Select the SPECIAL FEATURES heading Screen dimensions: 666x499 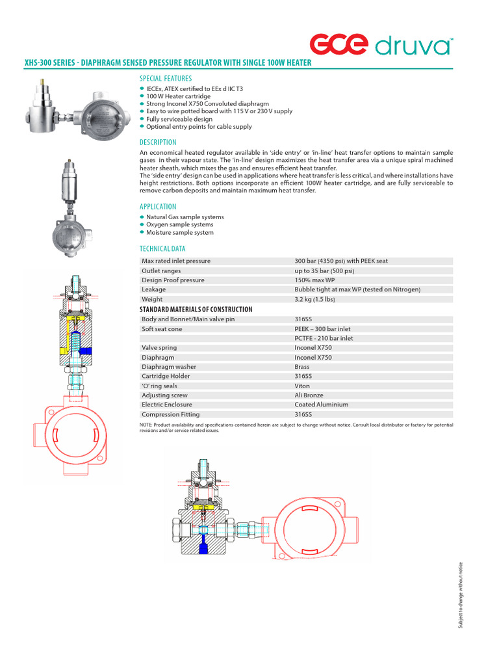166,79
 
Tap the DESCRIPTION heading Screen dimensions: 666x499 158,142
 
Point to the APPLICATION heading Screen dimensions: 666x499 158,207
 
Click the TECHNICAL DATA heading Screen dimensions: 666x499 162,248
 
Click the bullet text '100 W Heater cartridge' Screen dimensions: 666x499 178,96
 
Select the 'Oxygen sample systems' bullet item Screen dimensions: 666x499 179,224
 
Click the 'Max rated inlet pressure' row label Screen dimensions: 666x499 176,261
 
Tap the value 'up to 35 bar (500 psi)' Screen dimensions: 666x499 324,271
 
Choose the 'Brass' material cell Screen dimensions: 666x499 302,367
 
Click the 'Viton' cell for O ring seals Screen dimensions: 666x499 302,386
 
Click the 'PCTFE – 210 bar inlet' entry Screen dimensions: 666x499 324,338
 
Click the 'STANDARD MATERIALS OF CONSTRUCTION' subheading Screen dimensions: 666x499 196,310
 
